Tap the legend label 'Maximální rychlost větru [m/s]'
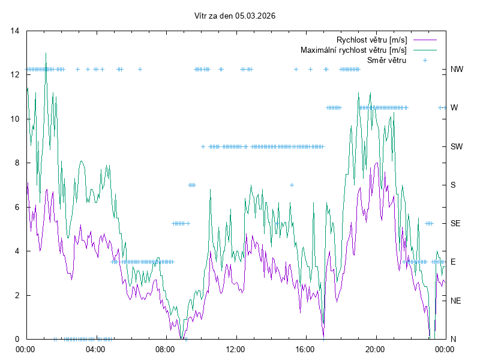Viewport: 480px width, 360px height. click(x=353, y=50)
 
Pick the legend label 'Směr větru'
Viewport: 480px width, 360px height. click(x=386, y=60)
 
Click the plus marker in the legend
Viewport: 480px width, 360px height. click(x=425, y=60)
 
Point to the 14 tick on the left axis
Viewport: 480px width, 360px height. click(x=16, y=31)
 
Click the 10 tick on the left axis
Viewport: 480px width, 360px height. click(x=16, y=119)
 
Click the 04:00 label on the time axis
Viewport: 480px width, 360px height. click(x=95, y=349)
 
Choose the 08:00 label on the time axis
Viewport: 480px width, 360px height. click(x=166, y=349)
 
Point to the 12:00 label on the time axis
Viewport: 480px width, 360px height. click(x=236, y=349)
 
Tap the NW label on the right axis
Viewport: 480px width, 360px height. click(x=457, y=70)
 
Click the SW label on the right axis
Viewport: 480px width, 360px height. click(x=457, y=146)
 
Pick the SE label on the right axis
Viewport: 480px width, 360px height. click(x=455, y=223)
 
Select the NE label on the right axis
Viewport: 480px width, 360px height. click(x=455, y=301)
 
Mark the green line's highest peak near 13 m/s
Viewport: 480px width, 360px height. click(x=46, y=53)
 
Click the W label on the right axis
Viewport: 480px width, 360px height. click(x=454, y=108)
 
